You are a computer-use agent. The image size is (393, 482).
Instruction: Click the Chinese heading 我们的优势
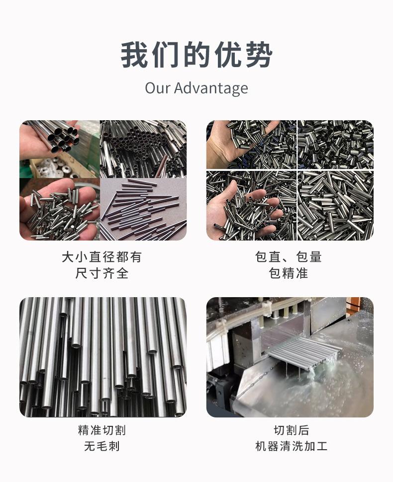[196, 54]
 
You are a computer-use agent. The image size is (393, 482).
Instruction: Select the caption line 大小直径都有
[102, 257]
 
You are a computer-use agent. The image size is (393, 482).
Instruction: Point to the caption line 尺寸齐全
[102, 273]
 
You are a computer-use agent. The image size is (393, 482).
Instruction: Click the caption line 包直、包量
[289, 257]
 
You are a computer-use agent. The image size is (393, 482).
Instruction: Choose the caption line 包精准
[289, 273]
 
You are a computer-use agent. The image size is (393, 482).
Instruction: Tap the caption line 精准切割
[102, 430]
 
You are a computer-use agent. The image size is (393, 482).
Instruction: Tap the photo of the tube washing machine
[290, 357]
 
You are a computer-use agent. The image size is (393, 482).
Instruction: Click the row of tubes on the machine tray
[303, 350]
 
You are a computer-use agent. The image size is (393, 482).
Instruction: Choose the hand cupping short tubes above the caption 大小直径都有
[55, 211]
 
